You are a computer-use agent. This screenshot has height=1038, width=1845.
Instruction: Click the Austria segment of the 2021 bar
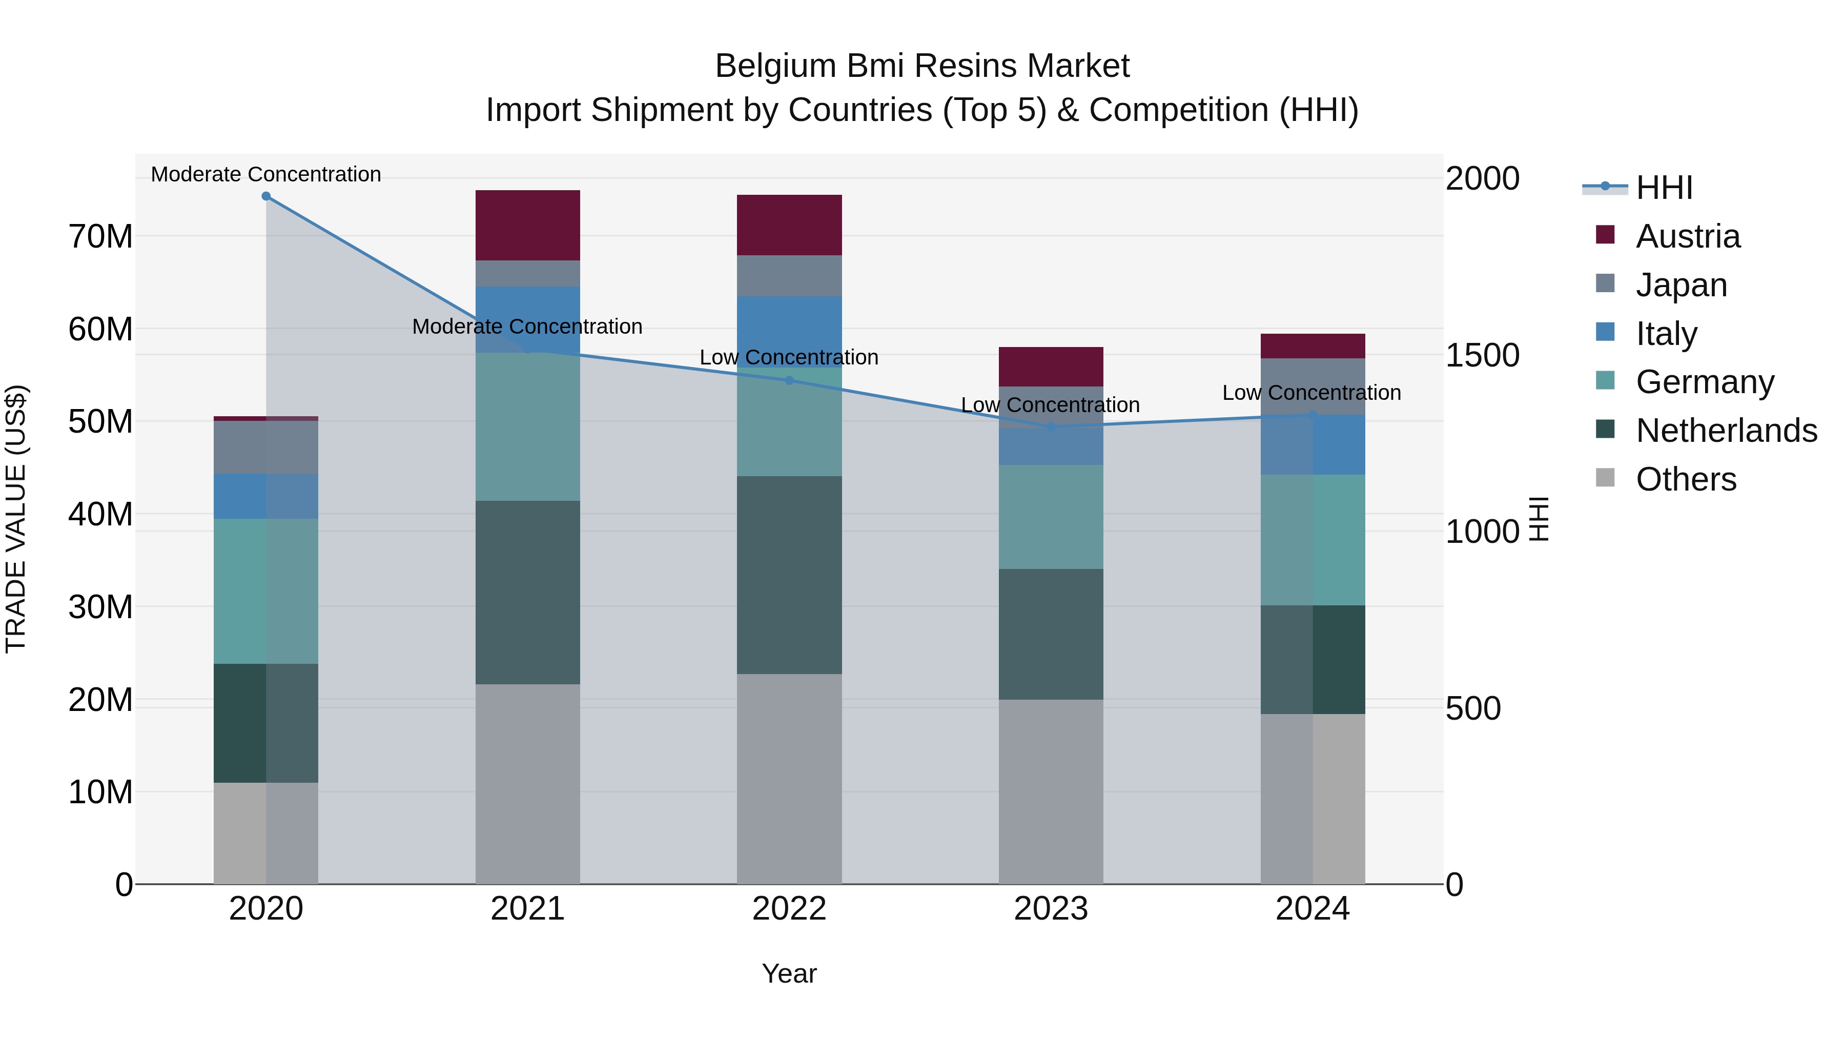point(527,225)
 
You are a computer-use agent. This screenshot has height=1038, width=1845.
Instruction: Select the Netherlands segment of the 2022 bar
point(789,575)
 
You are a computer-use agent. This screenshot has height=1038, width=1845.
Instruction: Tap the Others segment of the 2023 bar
point(1050,791)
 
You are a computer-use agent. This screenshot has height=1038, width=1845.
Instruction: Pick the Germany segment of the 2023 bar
point(1050,517)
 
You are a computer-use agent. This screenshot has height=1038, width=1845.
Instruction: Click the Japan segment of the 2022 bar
point(789,275)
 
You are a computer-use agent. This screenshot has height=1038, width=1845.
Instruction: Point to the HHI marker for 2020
point(265,196)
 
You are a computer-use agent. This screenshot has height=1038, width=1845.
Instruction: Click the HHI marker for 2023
point(1050,427)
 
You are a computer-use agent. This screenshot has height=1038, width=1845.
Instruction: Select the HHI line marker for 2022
point(789,380)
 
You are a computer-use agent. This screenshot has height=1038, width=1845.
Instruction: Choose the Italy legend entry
point(1666,334)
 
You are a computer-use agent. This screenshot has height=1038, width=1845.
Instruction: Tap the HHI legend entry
point(1663,188)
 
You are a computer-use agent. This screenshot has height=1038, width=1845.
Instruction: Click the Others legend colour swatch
point(1605,478)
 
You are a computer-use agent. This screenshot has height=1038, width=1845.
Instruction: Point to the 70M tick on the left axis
point(100,236)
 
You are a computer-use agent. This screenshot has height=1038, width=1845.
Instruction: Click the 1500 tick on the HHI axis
point(1481,355)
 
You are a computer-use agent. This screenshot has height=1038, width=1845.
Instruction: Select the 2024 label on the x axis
point(1311,909)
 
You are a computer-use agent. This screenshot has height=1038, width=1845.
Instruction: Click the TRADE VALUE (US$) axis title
point(16,519)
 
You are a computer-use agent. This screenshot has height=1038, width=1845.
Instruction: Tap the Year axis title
point(789,973)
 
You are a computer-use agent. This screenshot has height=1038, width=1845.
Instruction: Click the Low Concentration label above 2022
point(789,357)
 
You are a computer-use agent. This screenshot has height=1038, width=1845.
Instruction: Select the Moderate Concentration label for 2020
point(265,174)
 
